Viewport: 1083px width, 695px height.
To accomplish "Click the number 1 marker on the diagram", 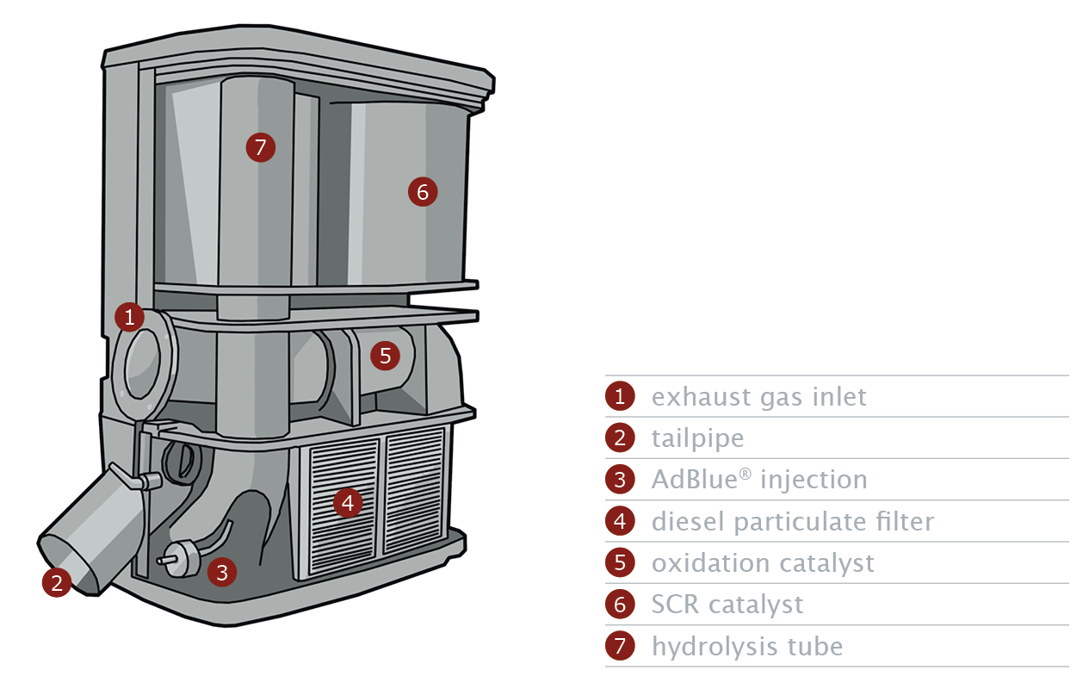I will click(x=129, y=318).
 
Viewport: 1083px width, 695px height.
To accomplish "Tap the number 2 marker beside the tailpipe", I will click(x=57, y=583).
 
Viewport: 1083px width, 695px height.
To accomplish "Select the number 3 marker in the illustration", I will click(x=222, y=571).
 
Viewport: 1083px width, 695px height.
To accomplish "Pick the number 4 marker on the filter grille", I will click(x=347, y=502).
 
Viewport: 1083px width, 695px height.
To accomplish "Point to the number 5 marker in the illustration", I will click(x=385, y=354).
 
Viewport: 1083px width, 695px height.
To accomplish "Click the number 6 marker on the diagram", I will click(x=423, y=192).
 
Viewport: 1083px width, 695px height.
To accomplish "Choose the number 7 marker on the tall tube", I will click(x=261, y=146).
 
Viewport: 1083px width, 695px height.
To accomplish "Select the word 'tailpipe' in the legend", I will click(x=697, y=438).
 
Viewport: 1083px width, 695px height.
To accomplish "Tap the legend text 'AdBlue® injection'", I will click(x=758, y=480).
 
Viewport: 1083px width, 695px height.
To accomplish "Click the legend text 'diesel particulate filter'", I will click(x=792, y=521).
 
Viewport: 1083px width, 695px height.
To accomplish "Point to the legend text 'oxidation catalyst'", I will click(x=762, y=563).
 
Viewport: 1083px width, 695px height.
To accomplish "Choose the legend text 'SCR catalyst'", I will click(x=727, y=605).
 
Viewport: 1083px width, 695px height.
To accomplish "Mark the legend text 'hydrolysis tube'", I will click(x=746, y=646).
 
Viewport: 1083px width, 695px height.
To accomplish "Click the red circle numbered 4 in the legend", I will click(x=620, y=521).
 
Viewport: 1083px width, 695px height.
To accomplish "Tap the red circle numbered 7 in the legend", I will click(x=620, y=646).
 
